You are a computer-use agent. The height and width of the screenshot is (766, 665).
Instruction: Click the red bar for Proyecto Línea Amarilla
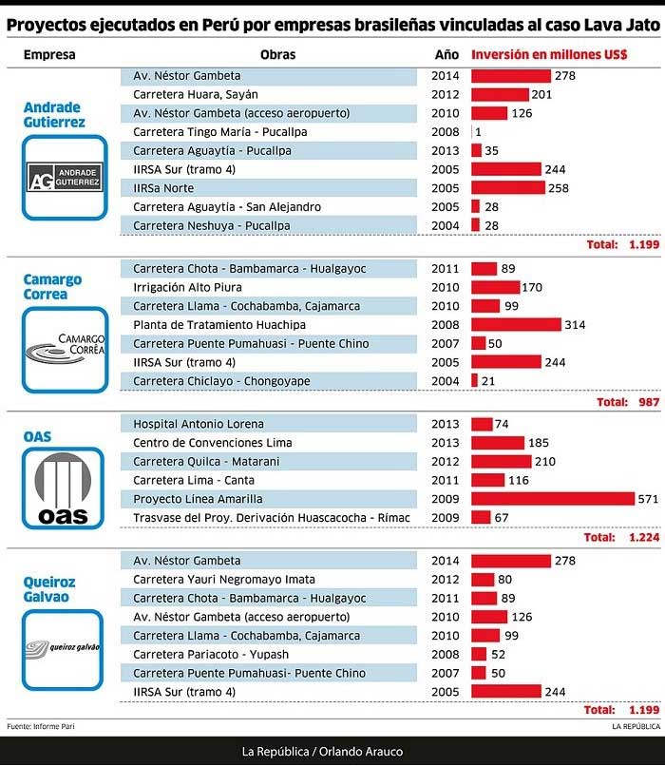click(553, 498)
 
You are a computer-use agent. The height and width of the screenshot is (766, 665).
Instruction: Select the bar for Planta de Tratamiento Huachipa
click(516, 325)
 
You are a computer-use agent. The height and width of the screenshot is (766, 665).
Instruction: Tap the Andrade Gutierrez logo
click(60, 176)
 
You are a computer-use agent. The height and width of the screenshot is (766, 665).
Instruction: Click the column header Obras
click(275, 55)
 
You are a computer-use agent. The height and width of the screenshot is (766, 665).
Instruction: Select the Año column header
click(446, 55)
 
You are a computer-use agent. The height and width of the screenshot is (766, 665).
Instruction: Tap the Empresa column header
click(49, 55)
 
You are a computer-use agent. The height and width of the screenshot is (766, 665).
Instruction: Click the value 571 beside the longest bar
click(649, 498)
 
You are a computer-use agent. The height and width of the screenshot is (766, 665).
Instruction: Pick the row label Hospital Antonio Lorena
click(199, 424)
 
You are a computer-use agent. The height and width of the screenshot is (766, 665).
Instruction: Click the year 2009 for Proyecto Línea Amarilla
click(446, 498)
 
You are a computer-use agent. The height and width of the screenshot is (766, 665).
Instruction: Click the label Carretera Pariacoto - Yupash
click(210, 655)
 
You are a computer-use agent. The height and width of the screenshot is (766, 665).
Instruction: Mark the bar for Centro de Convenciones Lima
click(498, 442)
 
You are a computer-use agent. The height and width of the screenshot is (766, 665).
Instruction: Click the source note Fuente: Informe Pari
click(40, 726)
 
